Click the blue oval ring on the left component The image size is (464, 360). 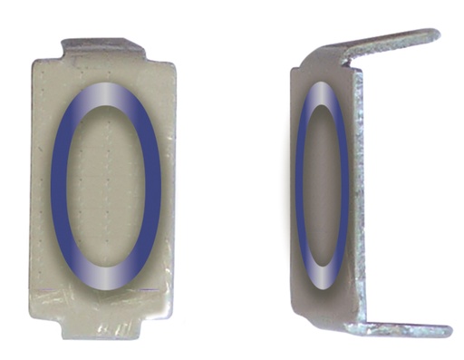click(x=60, y=181)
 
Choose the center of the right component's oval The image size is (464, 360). click(x=321, y=186)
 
